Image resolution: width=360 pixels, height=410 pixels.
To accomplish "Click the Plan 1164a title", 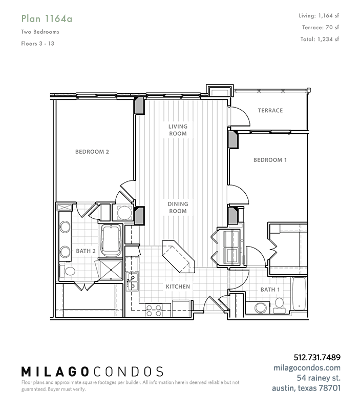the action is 47,19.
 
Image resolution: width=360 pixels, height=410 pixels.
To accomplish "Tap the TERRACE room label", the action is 270,110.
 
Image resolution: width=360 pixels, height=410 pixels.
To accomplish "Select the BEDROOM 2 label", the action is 92,152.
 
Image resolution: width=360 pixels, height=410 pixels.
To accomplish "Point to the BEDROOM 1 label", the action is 270,160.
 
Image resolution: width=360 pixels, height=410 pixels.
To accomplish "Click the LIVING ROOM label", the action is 178,130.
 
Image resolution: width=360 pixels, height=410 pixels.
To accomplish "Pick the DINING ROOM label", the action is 178,208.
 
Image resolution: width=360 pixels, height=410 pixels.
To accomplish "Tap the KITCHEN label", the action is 178,286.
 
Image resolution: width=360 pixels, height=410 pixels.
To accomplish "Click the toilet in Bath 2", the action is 67,271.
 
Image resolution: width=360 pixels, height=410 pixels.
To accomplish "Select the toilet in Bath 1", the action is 279,305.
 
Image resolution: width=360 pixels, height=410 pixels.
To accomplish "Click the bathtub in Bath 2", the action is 111,240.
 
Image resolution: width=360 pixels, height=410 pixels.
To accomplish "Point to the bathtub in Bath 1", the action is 299,294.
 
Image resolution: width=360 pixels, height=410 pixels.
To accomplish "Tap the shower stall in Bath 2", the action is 111,270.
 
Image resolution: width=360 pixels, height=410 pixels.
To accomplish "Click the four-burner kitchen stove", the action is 154,311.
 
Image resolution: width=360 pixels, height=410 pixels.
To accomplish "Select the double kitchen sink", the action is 133,281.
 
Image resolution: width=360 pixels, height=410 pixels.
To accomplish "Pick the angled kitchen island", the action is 178,256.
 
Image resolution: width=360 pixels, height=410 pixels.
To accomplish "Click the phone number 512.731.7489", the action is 317,357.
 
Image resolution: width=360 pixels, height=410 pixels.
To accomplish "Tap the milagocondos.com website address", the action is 307,367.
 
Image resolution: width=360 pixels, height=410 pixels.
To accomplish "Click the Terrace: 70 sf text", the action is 321,27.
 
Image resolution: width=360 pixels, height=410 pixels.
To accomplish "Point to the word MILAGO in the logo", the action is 55,372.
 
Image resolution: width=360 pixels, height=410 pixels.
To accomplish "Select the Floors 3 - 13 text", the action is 37,44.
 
